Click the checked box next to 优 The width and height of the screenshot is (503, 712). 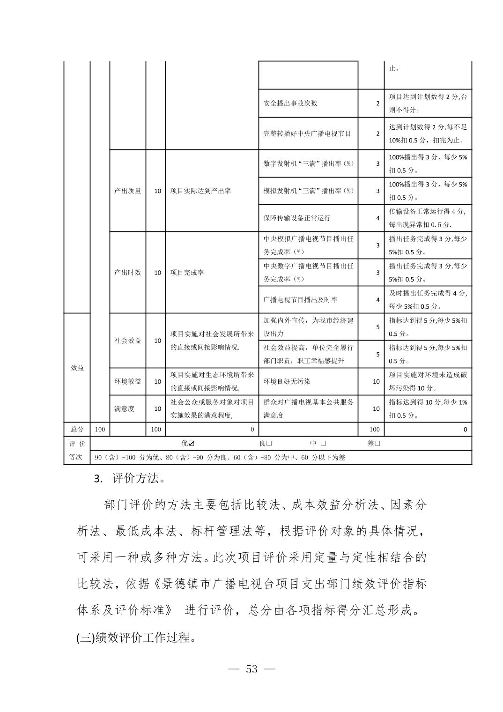192,443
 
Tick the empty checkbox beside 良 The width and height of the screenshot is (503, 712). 269,443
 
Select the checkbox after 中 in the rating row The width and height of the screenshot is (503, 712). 323,443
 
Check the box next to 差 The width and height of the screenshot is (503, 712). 377,443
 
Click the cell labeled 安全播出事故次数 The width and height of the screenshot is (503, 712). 290,103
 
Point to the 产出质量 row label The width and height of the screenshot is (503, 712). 127,191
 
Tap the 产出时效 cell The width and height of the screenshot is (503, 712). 127,272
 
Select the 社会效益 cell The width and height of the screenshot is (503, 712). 127,341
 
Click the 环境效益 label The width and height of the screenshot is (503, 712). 127,381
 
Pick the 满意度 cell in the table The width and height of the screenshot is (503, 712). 124,408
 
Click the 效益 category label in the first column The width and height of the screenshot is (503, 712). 77,368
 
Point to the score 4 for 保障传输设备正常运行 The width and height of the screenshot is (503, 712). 378,218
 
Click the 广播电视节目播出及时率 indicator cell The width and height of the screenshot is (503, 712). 300,299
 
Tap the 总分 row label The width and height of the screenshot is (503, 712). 77,429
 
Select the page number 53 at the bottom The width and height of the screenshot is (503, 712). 251,669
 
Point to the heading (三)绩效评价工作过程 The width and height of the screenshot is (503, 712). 136,638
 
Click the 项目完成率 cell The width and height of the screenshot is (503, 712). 187,272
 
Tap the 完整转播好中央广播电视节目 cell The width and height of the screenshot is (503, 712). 307,133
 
